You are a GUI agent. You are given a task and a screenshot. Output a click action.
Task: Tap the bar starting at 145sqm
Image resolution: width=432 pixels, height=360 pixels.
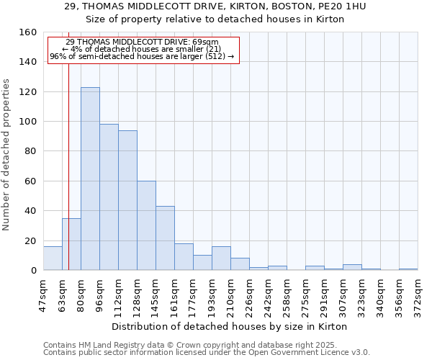(x=165, y=238)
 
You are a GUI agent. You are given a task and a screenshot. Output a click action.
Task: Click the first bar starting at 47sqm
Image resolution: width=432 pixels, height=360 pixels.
(x=53, y=258)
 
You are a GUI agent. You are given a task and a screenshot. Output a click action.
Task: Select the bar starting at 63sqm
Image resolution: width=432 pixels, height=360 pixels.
(x=71, y=244)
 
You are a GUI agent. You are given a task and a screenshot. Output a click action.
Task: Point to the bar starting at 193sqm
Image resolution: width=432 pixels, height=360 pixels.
(x=221, y=258)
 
